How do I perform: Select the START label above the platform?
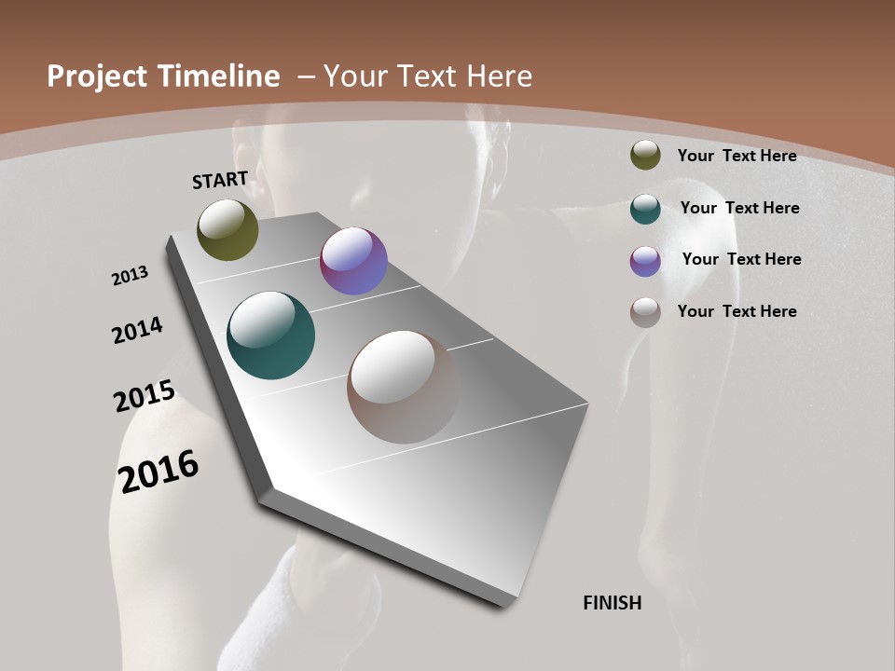pos(220,180)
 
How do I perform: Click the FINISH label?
pos(613,603)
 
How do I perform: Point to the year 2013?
pos(131,276)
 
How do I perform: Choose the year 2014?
pos(137,330)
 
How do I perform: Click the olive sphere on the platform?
pos(227,229)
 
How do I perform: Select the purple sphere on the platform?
pos(353,261)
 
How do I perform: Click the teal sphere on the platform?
pos(271,335)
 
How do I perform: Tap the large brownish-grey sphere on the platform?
pos(404,387)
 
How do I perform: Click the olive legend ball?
pos(645,156)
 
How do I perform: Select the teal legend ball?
pos(645,208)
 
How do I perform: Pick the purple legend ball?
pos(645,260)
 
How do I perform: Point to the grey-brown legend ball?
pos(645,312)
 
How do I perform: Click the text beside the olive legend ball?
pos(737,156)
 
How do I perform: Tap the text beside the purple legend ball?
pos(741,259)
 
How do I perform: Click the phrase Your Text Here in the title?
pos(428,76)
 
